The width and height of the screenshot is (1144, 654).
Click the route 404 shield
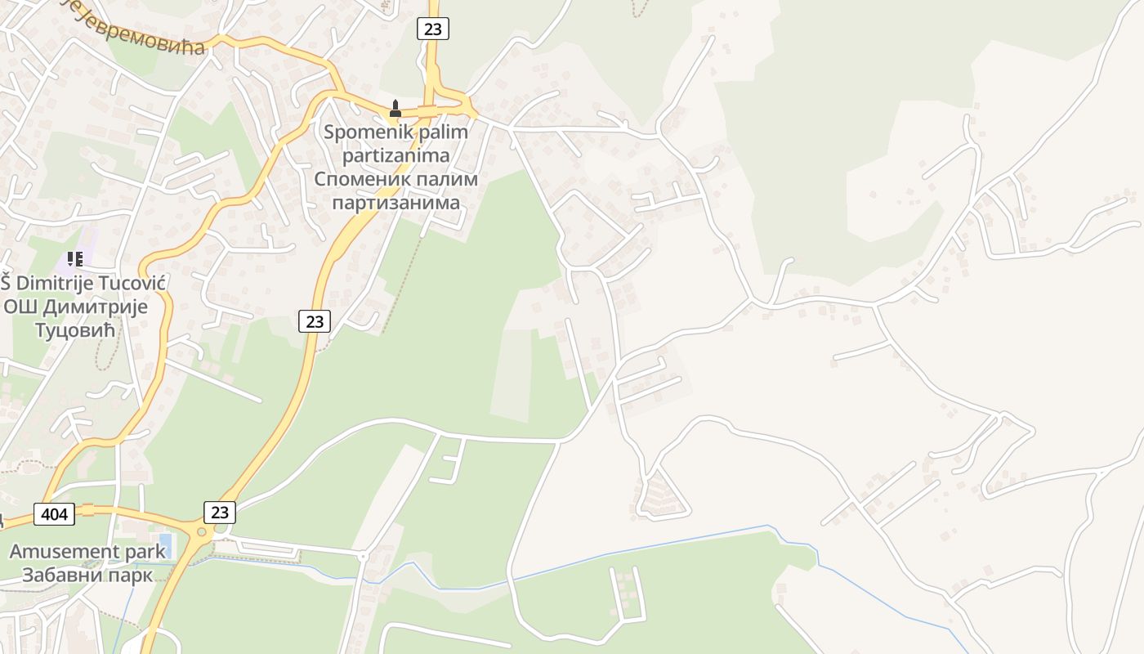[x=55, y=513]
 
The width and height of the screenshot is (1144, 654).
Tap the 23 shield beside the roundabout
[x=219, y=512]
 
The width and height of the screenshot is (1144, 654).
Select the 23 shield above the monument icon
[x=432, y=29]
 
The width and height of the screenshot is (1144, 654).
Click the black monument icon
[x=395, y=108]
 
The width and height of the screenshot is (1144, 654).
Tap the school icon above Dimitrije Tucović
[x=75, y=259]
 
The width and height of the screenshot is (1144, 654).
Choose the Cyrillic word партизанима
[x=396, y=201]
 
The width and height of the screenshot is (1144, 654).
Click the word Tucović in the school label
[x=118, y=284]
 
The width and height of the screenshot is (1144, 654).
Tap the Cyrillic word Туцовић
[x=75, y=329]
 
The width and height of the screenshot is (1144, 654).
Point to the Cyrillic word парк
[x=128, y=574]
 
